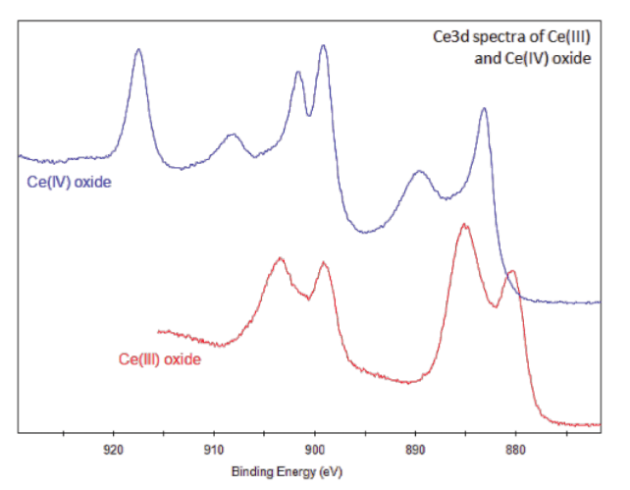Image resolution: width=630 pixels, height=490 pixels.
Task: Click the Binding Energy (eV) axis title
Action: [287, 472]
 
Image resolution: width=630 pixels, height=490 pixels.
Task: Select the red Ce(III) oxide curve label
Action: [160, 360]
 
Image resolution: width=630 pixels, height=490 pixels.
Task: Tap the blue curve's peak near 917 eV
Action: [138, 50]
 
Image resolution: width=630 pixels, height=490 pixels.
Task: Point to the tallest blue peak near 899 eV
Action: [323, 46]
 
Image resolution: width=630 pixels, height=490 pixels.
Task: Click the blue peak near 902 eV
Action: [298, 73]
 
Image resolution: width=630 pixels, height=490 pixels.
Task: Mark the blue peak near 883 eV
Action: [484, 109]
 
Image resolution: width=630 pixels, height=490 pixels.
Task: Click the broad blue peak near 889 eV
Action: [420, 172]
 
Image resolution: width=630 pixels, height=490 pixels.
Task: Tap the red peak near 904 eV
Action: [281, 258]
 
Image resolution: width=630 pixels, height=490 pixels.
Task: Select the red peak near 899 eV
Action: [324, 263]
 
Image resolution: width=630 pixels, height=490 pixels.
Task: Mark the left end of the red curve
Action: [158, 331]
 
